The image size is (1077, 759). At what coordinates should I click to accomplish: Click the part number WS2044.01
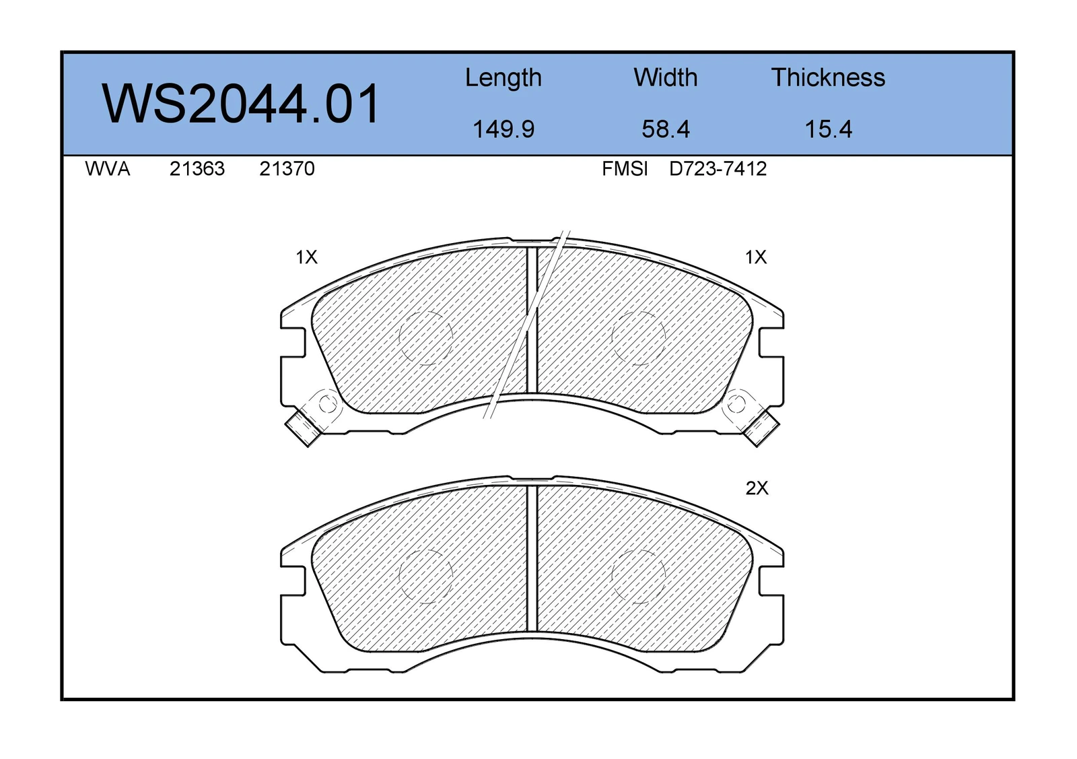click(x=240, y=104)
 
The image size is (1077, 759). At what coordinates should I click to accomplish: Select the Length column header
click(x=503, y=78)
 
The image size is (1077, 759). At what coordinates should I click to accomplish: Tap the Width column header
click(x=666, y=77)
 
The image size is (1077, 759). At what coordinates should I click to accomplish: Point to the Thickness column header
click(x=828, y=77)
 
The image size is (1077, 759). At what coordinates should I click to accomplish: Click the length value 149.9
click(x=503, y=129)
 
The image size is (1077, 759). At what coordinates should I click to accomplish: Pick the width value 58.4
click(x=666, y=129)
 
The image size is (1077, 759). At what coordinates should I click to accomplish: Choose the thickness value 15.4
click(x=829, y=129)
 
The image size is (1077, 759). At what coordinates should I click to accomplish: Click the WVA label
click(x=107, y=169)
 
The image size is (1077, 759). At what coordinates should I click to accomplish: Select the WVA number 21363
click(x=197, y=169)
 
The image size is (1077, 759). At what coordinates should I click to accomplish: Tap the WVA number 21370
click(x=287, y=169)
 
